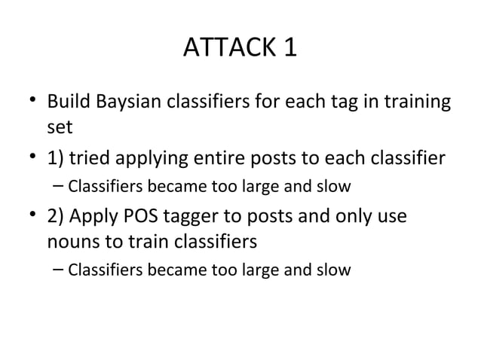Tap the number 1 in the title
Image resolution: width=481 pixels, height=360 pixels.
[290, 48]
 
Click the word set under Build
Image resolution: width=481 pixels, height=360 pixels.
[60, 126]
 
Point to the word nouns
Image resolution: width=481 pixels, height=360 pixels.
[70, 243]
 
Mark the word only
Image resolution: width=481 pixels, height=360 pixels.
[356, 217]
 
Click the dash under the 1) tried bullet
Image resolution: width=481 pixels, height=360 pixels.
[60, 185]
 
